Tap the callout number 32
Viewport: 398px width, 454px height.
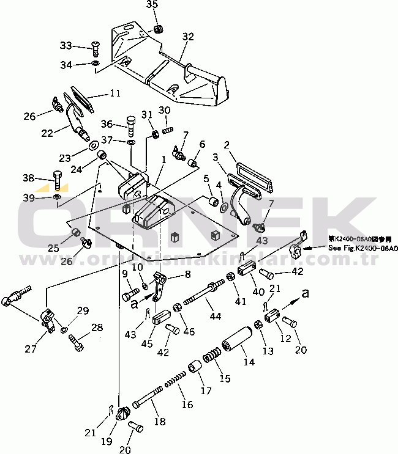pyautogui.click(x=187, y=37)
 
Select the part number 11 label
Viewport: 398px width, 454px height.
pyautogui.click(x=115, y=93)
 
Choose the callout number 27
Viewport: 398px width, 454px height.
pyautogui.click(x=30, y=348)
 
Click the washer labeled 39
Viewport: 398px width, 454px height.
pyautogui.click(x=56, y=197)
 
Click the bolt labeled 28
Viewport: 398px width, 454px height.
pyautogui.click(x=77, y=342)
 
